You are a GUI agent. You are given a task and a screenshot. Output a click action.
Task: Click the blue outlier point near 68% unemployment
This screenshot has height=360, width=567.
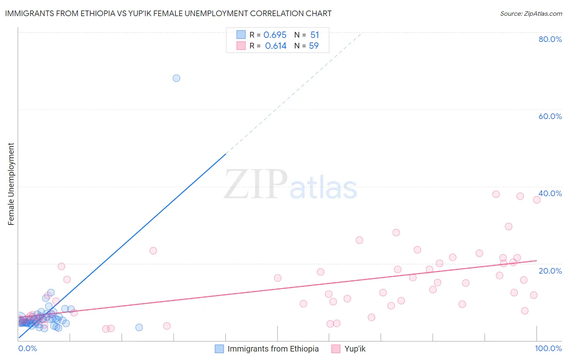pos(176,78)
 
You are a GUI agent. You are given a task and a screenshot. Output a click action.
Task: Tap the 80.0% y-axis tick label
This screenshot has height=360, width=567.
pos(550,39)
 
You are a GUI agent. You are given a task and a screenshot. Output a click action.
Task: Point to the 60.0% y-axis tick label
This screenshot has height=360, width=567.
pos(550,116)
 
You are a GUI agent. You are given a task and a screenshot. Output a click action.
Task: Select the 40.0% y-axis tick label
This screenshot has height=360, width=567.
pos(550,193)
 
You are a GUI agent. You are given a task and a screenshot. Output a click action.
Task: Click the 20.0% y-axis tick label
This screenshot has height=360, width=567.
pos(550,271)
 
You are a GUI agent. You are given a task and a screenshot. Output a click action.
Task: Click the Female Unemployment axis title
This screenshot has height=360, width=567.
pos(11,184)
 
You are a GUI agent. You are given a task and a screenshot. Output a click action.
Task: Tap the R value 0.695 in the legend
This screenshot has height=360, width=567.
pos(275,35)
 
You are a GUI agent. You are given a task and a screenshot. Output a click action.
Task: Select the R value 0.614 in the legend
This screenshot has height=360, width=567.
pos(275,46)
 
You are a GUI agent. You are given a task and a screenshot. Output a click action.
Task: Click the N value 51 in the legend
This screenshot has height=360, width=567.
pos(315,35)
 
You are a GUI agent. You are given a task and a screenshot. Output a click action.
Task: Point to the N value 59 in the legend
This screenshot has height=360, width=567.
pos(314,46)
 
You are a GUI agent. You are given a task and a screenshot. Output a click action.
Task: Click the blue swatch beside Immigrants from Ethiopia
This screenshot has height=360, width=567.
pos(219,349)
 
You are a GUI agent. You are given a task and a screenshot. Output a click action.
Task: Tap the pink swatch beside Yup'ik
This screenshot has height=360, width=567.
pos(336,349)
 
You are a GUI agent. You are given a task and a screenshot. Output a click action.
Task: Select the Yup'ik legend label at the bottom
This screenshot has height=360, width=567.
pos(355,349)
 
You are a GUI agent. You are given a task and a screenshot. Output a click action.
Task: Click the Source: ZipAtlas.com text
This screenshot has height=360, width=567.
pos(531,14)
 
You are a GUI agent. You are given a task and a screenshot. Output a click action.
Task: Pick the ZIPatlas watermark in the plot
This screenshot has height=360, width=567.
pos(290,185)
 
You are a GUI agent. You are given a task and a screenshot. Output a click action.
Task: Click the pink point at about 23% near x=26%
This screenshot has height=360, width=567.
pos(153,251)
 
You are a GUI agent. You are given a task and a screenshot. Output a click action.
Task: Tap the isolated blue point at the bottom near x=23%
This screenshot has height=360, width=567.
pos(139,327)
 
